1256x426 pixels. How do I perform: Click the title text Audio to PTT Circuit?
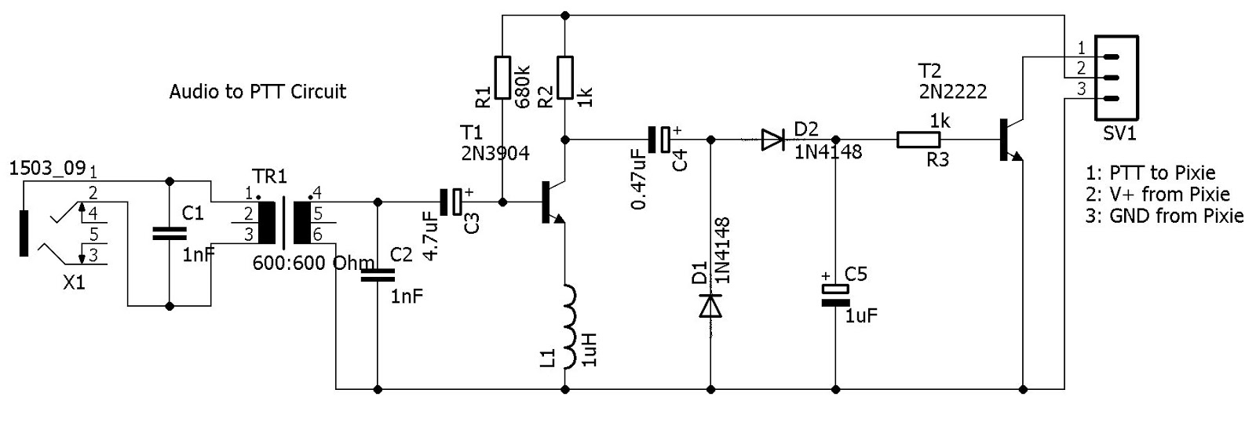coord(257,92)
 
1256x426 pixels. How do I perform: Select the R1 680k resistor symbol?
coord(502,77)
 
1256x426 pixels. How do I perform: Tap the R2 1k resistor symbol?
coord(564,77)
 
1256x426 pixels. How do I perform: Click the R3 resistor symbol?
coord(918,140)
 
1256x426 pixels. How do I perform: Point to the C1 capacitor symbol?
coord(170,233)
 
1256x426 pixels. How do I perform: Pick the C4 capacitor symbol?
coord(659,140)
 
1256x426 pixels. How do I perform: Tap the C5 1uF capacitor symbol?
coord(835,295)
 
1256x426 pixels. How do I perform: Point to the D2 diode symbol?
coord(772,140)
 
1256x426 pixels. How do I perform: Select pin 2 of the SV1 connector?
coord(1111,78)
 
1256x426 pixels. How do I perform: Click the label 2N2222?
coord(953,92)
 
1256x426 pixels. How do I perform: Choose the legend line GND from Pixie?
coord(1165,216)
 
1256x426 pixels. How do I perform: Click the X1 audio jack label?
coord(74,283)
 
